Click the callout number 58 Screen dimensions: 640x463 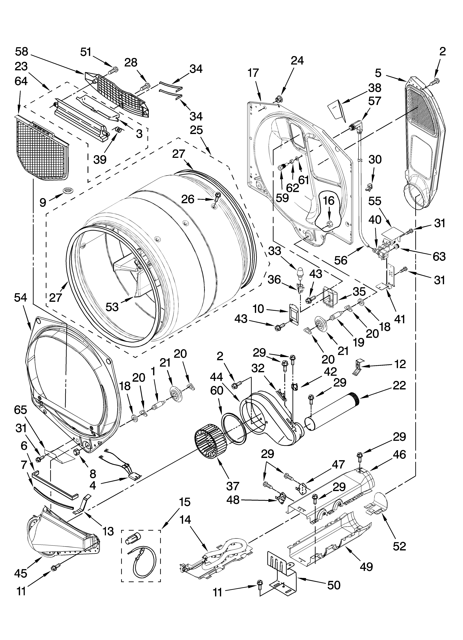point(22,52)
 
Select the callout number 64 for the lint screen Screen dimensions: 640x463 point(21,81)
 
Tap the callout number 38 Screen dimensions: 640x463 point(375,88)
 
